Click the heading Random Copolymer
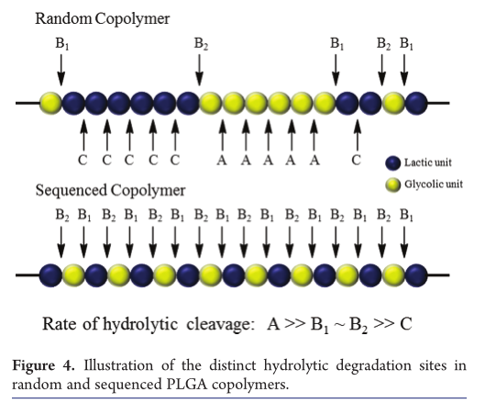(x=103, y=19)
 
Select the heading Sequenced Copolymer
(x=110, y=190)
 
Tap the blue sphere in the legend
(x=393, y=162)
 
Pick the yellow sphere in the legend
(x=393, y=185)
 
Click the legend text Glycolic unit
(x=434, y=185)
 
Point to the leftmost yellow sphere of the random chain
(x=50, y=103)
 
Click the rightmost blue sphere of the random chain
(x=416, y=103)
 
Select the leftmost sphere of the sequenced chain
(x=50, y=275)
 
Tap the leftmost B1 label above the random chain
(x=62, y=44)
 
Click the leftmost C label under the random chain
(x=83, y=160)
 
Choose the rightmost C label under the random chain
(x=357, y=160)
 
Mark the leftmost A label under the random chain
(x=222, y=160)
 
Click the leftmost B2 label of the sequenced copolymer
(x=62, y=215)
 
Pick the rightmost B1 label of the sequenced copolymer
(x=406, y=215)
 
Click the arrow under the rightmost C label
(x=358, y=135)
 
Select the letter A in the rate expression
(x=273, y=324)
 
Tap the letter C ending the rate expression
(x=406, y=324)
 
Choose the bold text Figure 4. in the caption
(x=43, y=365)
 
